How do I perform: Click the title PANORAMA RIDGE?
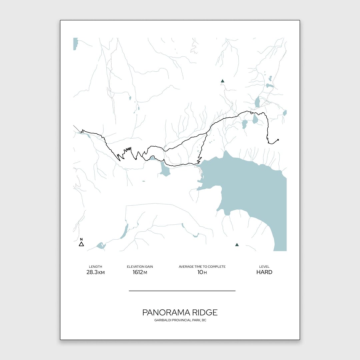pos(180,312)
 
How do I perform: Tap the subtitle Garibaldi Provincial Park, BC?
pos(180,320)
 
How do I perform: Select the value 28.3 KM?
pos(95,272)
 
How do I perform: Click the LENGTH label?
pos(95,267)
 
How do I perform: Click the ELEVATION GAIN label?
pos(140,267)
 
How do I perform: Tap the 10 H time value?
pos(202,272)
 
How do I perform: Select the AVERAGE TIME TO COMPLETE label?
pos(202,267)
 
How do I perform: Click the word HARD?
pos(264,272)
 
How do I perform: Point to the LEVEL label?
pos(264,267)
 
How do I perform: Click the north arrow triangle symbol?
pos(81,244)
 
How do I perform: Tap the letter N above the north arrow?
pos(81,239)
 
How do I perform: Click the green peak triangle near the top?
pos(223,81)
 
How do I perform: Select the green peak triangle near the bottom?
pos(237,245)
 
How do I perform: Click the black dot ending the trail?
pos(278,140)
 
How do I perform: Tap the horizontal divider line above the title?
pos(182,291)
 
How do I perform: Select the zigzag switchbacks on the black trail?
pos(127,152)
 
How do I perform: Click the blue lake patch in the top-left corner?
pos(75,44)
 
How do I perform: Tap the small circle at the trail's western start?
pos(82,132)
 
